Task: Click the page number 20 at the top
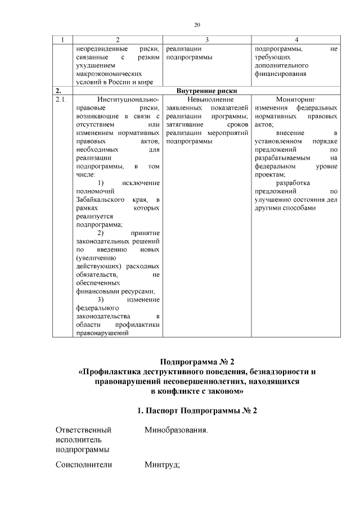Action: tap(197, 24)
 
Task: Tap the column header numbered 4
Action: tap(296, 39)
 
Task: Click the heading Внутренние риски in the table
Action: tap(206, 91)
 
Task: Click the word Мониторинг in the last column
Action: tap(296, 100)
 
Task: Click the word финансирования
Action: tap(281, 74)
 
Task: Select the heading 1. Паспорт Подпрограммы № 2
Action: tap(197, 411)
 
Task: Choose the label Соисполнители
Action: tap(84, 464)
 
